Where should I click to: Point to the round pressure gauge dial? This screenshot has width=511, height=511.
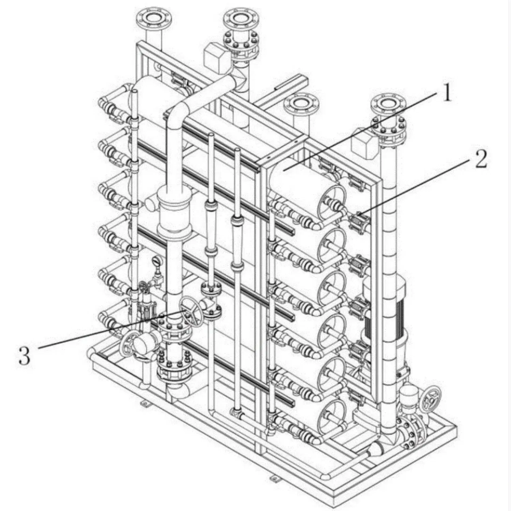click(x=156, y=261)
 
